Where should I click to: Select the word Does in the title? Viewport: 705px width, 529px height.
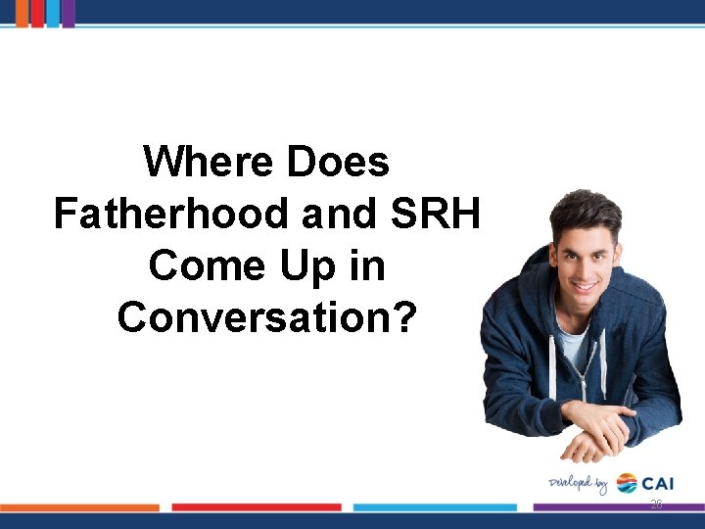coord(338,161)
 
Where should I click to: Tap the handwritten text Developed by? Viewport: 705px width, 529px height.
coord(579,483)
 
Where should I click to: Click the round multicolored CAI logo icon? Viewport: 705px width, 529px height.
coord(627,483)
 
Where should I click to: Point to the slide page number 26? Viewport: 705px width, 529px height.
coord(656,505)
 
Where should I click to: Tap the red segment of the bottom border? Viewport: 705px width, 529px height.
coord(257,507)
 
